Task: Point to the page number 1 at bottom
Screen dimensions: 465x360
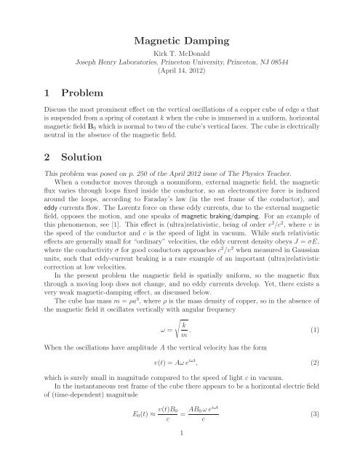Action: [180, 456]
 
